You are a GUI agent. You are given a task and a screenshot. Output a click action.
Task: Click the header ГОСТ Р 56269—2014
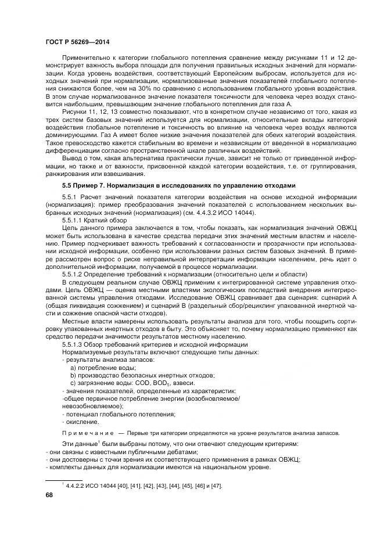(x=77, y=43)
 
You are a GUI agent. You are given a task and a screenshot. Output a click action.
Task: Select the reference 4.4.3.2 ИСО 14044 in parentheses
(x=221, y=214)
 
